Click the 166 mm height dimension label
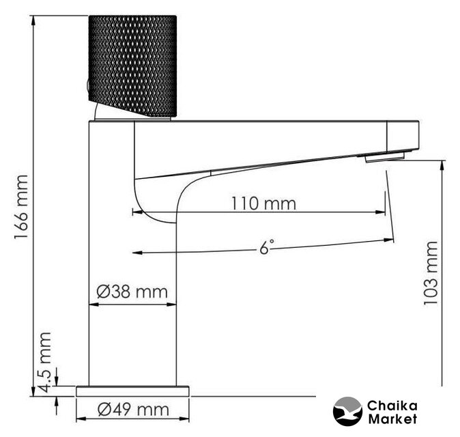(21, 207)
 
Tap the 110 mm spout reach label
(263, 203)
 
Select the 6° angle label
(266, 247)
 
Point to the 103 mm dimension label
(431, 273)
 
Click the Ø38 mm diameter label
(132, 292)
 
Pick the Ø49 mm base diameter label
(133, 410)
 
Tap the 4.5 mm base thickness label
(46, 362)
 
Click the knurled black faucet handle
(132, 66)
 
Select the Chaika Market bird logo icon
(347, 411)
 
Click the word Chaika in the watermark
(392, 406)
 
